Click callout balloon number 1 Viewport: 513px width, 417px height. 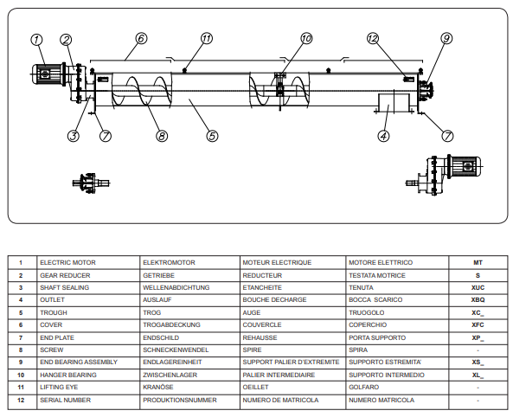(36, 40)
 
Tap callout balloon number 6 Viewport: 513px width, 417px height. (141, 38)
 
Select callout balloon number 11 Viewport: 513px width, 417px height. (207, 38)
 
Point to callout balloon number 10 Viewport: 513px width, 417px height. (306, 38)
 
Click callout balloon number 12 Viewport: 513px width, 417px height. (373, 38)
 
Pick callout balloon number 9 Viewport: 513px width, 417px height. (446, 38)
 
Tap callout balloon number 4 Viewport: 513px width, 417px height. (383, 136)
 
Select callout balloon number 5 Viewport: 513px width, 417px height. (212, 136)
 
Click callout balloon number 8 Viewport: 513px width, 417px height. (162, 136)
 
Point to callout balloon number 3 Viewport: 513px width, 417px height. (74, 136)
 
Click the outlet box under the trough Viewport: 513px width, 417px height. (394, 103)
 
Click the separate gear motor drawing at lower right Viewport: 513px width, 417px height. (444, 175)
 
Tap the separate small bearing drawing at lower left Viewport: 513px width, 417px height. (91, 183)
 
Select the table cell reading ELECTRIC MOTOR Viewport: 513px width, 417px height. (67, 262)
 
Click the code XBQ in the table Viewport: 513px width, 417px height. (478, 300)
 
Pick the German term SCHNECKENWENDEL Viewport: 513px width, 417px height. (176, 350)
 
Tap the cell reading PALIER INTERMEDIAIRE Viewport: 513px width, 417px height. (279, 375)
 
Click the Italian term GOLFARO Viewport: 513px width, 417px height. (364, 388)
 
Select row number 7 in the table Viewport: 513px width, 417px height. (21, 337)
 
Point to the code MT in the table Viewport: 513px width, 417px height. (478, 262)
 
